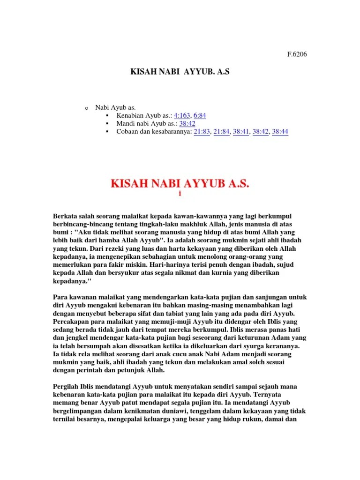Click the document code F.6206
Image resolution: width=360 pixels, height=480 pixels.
click(297, 54)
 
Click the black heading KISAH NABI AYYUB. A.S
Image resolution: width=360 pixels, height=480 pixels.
click(180, 72)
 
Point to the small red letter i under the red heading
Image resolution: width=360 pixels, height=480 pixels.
click(180, 194)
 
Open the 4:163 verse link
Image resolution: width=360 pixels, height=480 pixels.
click(182, 115)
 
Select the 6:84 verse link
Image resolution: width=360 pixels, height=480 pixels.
click(200, 115)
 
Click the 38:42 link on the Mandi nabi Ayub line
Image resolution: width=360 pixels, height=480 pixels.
click(187, 123)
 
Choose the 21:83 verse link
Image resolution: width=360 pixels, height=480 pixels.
click(202, 132)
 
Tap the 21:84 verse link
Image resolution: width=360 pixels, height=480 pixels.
click(221, 132)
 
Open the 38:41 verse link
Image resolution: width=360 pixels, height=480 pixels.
click(241, 132)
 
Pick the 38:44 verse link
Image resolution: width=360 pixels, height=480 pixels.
click(280, 132)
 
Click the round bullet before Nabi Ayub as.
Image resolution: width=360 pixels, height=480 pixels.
click(86, 108)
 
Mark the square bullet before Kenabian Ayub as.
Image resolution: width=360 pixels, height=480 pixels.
click(107, 115)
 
